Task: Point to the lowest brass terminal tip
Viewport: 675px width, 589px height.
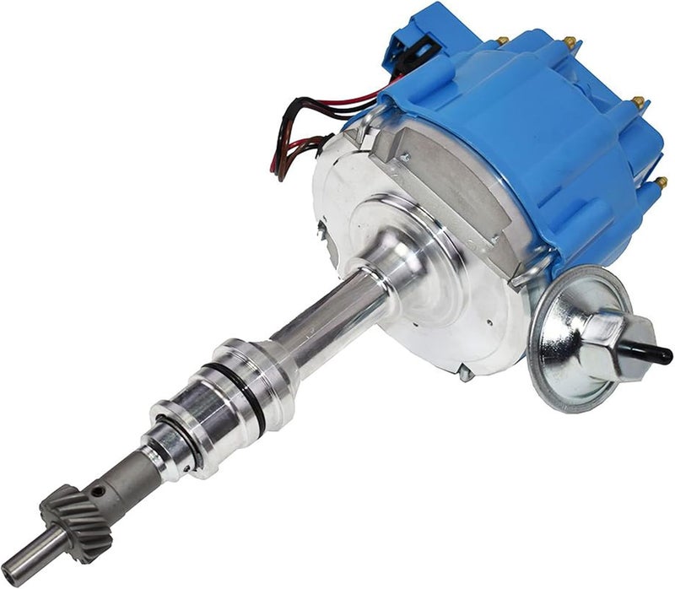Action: (661, 181)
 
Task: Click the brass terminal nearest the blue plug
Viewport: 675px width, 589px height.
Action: (504, 40)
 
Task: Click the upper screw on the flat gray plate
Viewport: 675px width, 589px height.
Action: (406, 157)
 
